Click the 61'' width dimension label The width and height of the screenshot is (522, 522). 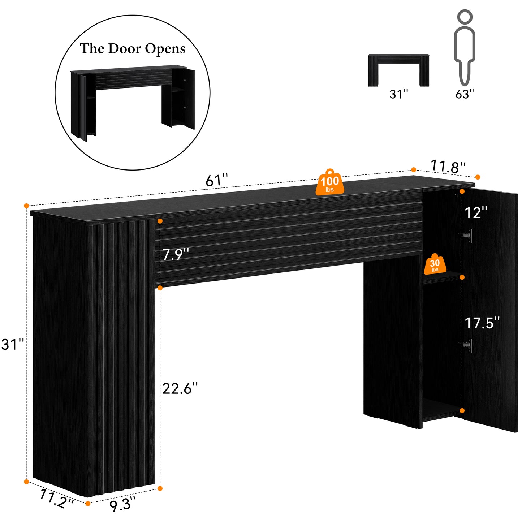coord(217,180)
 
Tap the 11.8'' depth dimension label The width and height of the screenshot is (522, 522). coord(448,167)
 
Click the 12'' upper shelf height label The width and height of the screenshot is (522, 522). coord(476,213)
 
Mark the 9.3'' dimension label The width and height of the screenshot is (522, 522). coord(122,504)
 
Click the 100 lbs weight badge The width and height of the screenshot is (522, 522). coord(330,182)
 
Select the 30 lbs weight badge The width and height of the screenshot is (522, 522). coord(435,264)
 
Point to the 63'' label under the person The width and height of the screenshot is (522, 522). coord(465,94)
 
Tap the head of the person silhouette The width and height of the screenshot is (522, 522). coord(465,17)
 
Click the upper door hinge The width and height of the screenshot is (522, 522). coord(466,235)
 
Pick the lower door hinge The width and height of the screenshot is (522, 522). coord(466,346)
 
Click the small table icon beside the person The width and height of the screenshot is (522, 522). coord(398,70)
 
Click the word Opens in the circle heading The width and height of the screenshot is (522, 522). coord(165,49)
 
